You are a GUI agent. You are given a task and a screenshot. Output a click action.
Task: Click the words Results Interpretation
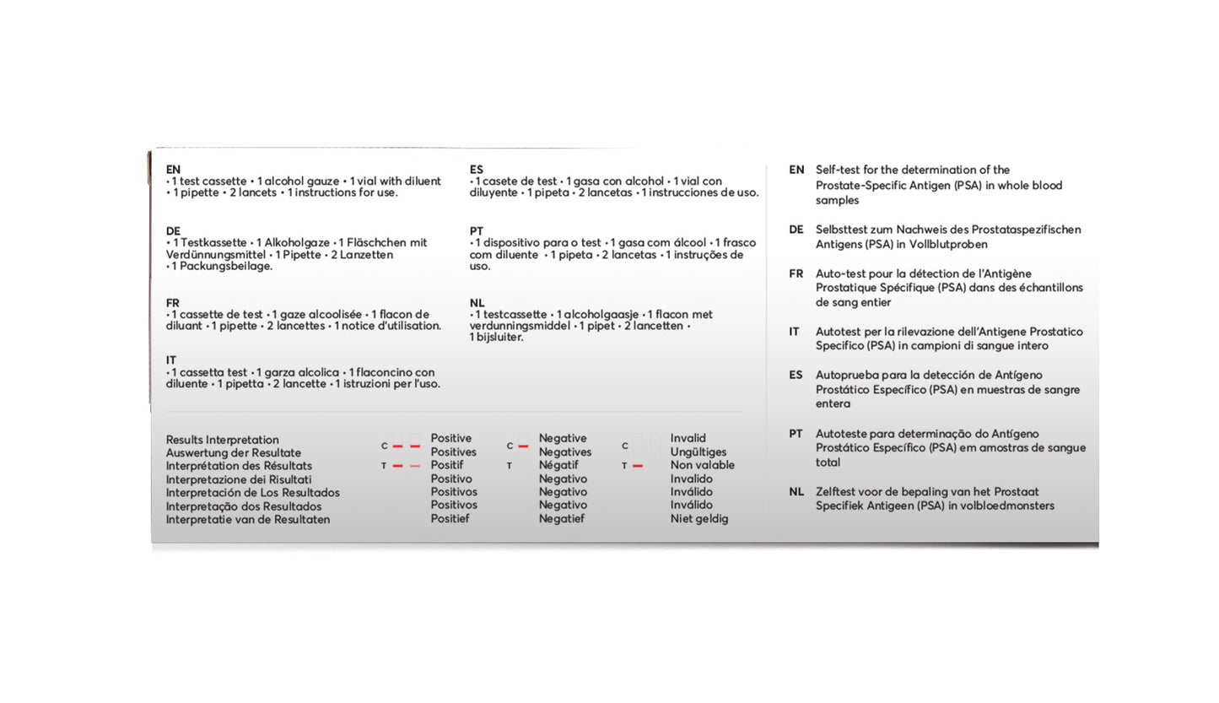click(222, 440)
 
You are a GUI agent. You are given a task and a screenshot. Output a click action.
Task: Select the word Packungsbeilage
click(223, 266)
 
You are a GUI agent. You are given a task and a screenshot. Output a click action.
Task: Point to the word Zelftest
click(837, 491)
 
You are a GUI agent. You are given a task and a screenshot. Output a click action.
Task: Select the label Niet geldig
click(698, 519)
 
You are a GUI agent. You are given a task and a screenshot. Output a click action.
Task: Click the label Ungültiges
click(698, 452)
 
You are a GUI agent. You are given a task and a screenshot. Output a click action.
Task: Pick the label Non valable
click(702, 465)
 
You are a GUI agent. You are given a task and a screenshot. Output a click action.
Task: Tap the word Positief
click(450, 518)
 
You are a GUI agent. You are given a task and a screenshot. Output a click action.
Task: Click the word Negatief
click(561, 519)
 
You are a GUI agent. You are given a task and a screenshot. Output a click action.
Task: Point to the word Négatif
click(558, 465)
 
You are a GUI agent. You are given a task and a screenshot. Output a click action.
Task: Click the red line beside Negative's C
click(523, 446)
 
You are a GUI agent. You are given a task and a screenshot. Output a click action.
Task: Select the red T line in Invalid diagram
click(638, 466)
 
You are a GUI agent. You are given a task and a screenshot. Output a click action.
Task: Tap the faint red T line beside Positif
click(414, 466)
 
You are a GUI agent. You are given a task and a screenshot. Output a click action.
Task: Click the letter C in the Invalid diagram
click(625, 446)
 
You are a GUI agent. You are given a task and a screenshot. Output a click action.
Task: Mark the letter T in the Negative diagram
click(509, 466)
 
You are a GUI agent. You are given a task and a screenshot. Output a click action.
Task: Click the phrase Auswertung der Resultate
click(233, 453)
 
